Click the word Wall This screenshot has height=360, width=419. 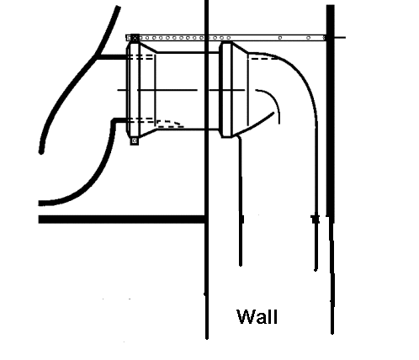pos(257,316)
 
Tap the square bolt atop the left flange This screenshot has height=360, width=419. pos(135,38)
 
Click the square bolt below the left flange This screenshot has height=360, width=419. pos(135,140)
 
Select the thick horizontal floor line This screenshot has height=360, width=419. pos(122,220)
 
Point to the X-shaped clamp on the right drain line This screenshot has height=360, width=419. pos(316,219)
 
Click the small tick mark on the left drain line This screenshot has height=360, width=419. pos(242,219)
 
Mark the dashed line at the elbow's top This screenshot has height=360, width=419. pos(264,59)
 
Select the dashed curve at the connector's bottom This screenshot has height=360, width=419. pos(170,124)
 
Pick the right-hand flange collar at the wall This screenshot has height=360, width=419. pos(226,90)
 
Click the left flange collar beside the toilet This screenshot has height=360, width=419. pos(134,89)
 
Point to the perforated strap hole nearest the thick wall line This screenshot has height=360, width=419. pos(324,38)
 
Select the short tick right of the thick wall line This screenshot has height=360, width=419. pos(340,37)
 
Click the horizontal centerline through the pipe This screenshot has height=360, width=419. pos(181,90)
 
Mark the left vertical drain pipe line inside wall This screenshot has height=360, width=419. pos(240,201)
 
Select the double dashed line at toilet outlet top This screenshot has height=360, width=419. pos(141,57)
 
